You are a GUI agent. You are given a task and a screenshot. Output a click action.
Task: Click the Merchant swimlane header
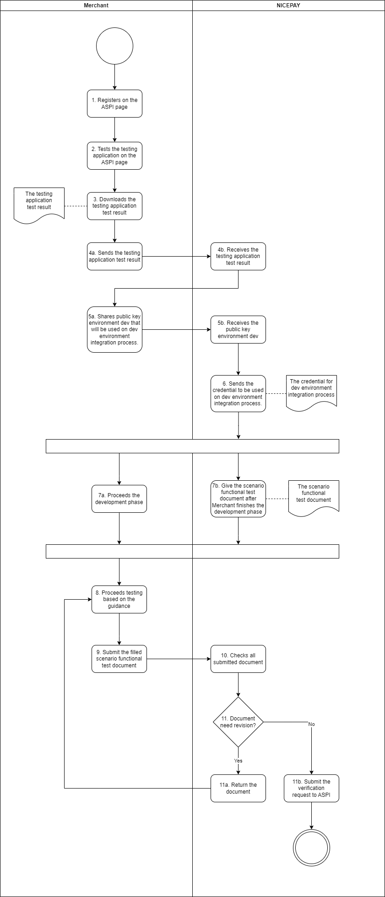(96, 5)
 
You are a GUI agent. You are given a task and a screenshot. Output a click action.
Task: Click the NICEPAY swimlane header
(288, 5)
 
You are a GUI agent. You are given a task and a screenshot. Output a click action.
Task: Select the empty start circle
(114, 46)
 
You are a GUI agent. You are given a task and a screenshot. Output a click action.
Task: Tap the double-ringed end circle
(311, 848)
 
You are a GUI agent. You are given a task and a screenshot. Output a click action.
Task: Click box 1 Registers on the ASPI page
(114, 103)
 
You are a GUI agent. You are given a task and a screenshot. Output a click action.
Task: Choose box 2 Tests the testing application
(114, 156)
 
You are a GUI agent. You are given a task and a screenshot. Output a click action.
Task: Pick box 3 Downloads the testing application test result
(114, 206)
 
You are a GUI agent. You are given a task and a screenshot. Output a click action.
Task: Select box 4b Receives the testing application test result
(238, 256)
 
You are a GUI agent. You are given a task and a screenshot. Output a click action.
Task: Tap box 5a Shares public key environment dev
(114, 329)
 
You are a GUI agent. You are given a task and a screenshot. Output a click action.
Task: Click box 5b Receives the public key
(238, 329)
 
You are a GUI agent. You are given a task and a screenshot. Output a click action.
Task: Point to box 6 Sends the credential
(238, 393)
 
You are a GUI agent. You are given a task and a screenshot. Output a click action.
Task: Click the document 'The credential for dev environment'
(311, 391)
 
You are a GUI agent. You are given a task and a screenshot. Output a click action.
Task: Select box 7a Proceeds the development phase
(119, 499)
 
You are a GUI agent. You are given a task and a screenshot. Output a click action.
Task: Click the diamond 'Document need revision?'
(238, 722)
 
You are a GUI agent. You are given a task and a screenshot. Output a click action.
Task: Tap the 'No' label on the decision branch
(311, 724)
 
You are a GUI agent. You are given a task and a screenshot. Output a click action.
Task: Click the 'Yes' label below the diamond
(238, 761)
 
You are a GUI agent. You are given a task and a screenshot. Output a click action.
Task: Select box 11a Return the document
(238, 788)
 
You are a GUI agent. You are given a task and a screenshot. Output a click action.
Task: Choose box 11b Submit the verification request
(311, 788)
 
